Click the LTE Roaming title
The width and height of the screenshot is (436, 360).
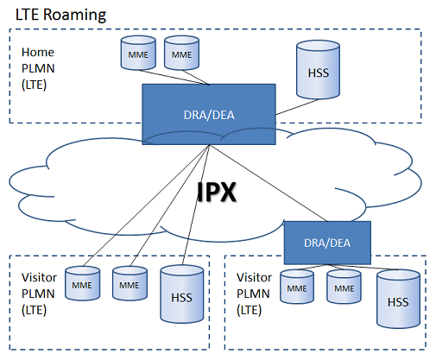[x=60, y=15]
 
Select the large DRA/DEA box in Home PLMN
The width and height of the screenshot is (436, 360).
[x=209, y=114]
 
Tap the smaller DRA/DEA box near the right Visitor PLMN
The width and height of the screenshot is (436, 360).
[x=327, y=243]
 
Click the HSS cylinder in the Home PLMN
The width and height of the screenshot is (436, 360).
[x=318, y=70]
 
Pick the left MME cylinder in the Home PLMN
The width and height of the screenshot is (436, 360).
[x=138, y=53]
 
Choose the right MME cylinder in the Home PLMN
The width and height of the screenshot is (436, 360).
[x=181, y=53]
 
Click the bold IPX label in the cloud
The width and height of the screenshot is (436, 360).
[x=217, y=192]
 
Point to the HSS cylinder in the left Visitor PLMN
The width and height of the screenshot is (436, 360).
[x=182, y=294]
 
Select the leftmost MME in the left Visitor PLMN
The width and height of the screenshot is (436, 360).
[x=83, y=283]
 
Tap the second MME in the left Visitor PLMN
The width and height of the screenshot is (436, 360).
[x=130, y=283]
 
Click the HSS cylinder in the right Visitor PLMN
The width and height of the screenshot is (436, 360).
[x=398, y=299]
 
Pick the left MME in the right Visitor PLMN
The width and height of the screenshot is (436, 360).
[x=297, y=287]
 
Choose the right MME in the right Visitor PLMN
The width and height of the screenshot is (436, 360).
[x=344, y=287]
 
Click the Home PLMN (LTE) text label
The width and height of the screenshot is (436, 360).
[x=38, y=69]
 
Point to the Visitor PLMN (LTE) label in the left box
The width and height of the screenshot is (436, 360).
[x=39, y=294]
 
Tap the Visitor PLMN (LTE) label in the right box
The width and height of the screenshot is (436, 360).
[x=254, y=294]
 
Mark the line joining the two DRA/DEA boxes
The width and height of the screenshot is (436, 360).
[x=269, y=183]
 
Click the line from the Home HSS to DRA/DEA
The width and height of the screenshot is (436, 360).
[x=297, y=107]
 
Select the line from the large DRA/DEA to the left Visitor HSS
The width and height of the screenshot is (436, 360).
[x=196, y=205]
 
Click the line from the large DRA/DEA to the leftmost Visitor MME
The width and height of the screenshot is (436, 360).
[x=146, y=205]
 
